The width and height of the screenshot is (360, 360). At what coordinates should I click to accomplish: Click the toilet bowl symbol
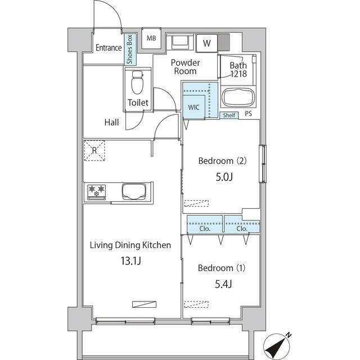pyautogui.click(x=137, y=82)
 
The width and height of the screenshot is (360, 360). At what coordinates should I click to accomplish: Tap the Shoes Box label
pyautogui.click(x=130, y=49)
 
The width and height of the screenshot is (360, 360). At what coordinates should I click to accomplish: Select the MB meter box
pyautogui.click(x=151, y=38)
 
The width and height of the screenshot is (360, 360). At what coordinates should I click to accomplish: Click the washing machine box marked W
pyautogui.click(x=207, y=43)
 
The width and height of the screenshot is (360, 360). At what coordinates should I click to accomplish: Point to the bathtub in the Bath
pyautogui.click(x=238, y=97)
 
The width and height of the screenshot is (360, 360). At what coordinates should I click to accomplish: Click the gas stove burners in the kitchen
pyautogui.click(x=97, y=192)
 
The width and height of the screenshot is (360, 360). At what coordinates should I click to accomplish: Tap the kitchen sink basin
pyautogui.click(x=134, y=191)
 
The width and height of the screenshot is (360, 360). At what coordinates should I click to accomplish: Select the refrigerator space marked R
pyautogui.click(x=94, y=150)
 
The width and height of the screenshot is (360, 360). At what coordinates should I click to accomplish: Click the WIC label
pyautogui.click(x=193, y=107)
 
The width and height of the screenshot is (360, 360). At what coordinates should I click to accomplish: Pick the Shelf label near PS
pyautogui.click(x=229, y=115)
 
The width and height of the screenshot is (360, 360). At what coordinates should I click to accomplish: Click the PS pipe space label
pyautogui.click(x=248, y=114)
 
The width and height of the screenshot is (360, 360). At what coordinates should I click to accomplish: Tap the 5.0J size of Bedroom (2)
pyautogui.click(x=224, y=177)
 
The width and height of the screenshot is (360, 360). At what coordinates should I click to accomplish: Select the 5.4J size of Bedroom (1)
pyautogui.click(x=223, y=285)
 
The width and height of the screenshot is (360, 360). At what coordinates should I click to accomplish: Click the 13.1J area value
pyautogui.click(x=131, y=261)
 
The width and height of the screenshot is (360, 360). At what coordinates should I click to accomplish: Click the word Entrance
pyautogui.click(x=109, y=48)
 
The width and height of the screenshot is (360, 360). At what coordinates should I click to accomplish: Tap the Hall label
pyautogui.click(x=111, y=123)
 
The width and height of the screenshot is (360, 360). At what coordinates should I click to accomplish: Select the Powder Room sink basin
pyautogui.click(x=180, y=42)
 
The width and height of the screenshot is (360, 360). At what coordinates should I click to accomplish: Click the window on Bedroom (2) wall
pyautogui.click(x=263, y=164)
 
